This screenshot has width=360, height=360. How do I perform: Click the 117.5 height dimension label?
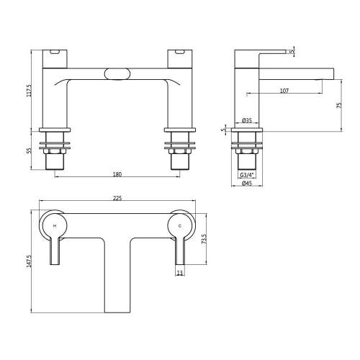(x=29, y=91)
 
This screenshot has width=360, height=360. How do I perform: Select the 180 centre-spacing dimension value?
(x=117, y=174)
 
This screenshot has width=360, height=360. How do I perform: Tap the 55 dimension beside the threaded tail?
(x=29, y=150)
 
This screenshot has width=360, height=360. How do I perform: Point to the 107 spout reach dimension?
(x=284, y=91)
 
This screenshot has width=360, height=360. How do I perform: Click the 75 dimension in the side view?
(x=339, y=105)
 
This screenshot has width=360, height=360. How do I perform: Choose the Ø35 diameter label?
(x=247, y=120)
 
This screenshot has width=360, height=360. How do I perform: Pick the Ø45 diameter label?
(x=247, y=184)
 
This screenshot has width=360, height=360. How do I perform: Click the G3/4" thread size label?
(x=247, y=176)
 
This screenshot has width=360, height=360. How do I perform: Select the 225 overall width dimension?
(x=117, y=198)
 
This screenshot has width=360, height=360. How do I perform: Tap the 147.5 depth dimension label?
(x=29, y=261)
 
